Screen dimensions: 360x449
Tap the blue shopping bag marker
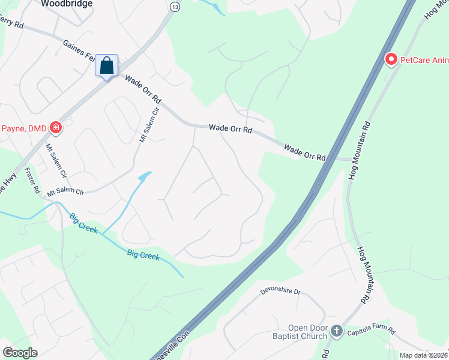coord(107,65)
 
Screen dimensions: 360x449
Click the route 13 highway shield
coord(175,7)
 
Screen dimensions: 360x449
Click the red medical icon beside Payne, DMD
coord(56,127)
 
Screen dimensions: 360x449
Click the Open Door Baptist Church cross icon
coord(337,331)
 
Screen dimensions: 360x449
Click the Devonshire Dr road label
coord(280,292)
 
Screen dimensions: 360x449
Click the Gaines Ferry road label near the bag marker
coord(78,49)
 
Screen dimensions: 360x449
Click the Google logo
coord(19,353)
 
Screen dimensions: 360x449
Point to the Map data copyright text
coord(423,355)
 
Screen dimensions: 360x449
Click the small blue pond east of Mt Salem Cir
coord(144,176)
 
